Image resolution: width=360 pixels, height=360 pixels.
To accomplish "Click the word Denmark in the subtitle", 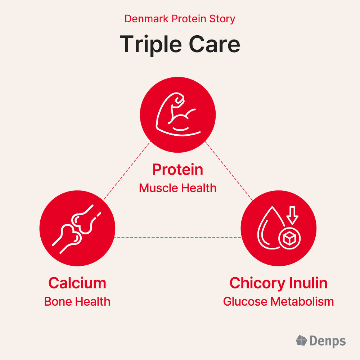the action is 147,19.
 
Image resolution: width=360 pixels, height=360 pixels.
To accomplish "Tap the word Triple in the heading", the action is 151,45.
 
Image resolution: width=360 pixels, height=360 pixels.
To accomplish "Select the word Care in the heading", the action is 215,44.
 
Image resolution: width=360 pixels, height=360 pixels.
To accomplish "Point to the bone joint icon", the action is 77,229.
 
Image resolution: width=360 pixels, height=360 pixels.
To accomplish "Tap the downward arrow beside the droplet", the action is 292,215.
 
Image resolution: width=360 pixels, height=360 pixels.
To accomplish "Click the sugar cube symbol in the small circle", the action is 289,238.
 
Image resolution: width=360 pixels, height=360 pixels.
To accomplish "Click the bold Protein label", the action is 178,170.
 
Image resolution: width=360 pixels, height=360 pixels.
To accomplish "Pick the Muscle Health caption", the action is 178,188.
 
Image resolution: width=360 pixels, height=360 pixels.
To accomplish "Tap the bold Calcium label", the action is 77,283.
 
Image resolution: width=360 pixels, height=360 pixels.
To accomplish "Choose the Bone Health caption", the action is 77,301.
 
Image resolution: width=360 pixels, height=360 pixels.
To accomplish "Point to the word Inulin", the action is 309,283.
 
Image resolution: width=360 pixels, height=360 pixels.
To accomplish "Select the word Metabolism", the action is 302,301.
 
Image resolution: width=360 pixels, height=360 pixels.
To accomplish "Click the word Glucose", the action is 245,301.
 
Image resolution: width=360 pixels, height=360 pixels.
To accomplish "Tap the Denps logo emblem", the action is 301,340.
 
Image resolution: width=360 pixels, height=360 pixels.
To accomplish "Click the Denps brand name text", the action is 328,341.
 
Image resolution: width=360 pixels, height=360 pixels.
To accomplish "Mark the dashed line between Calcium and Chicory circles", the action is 178,237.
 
